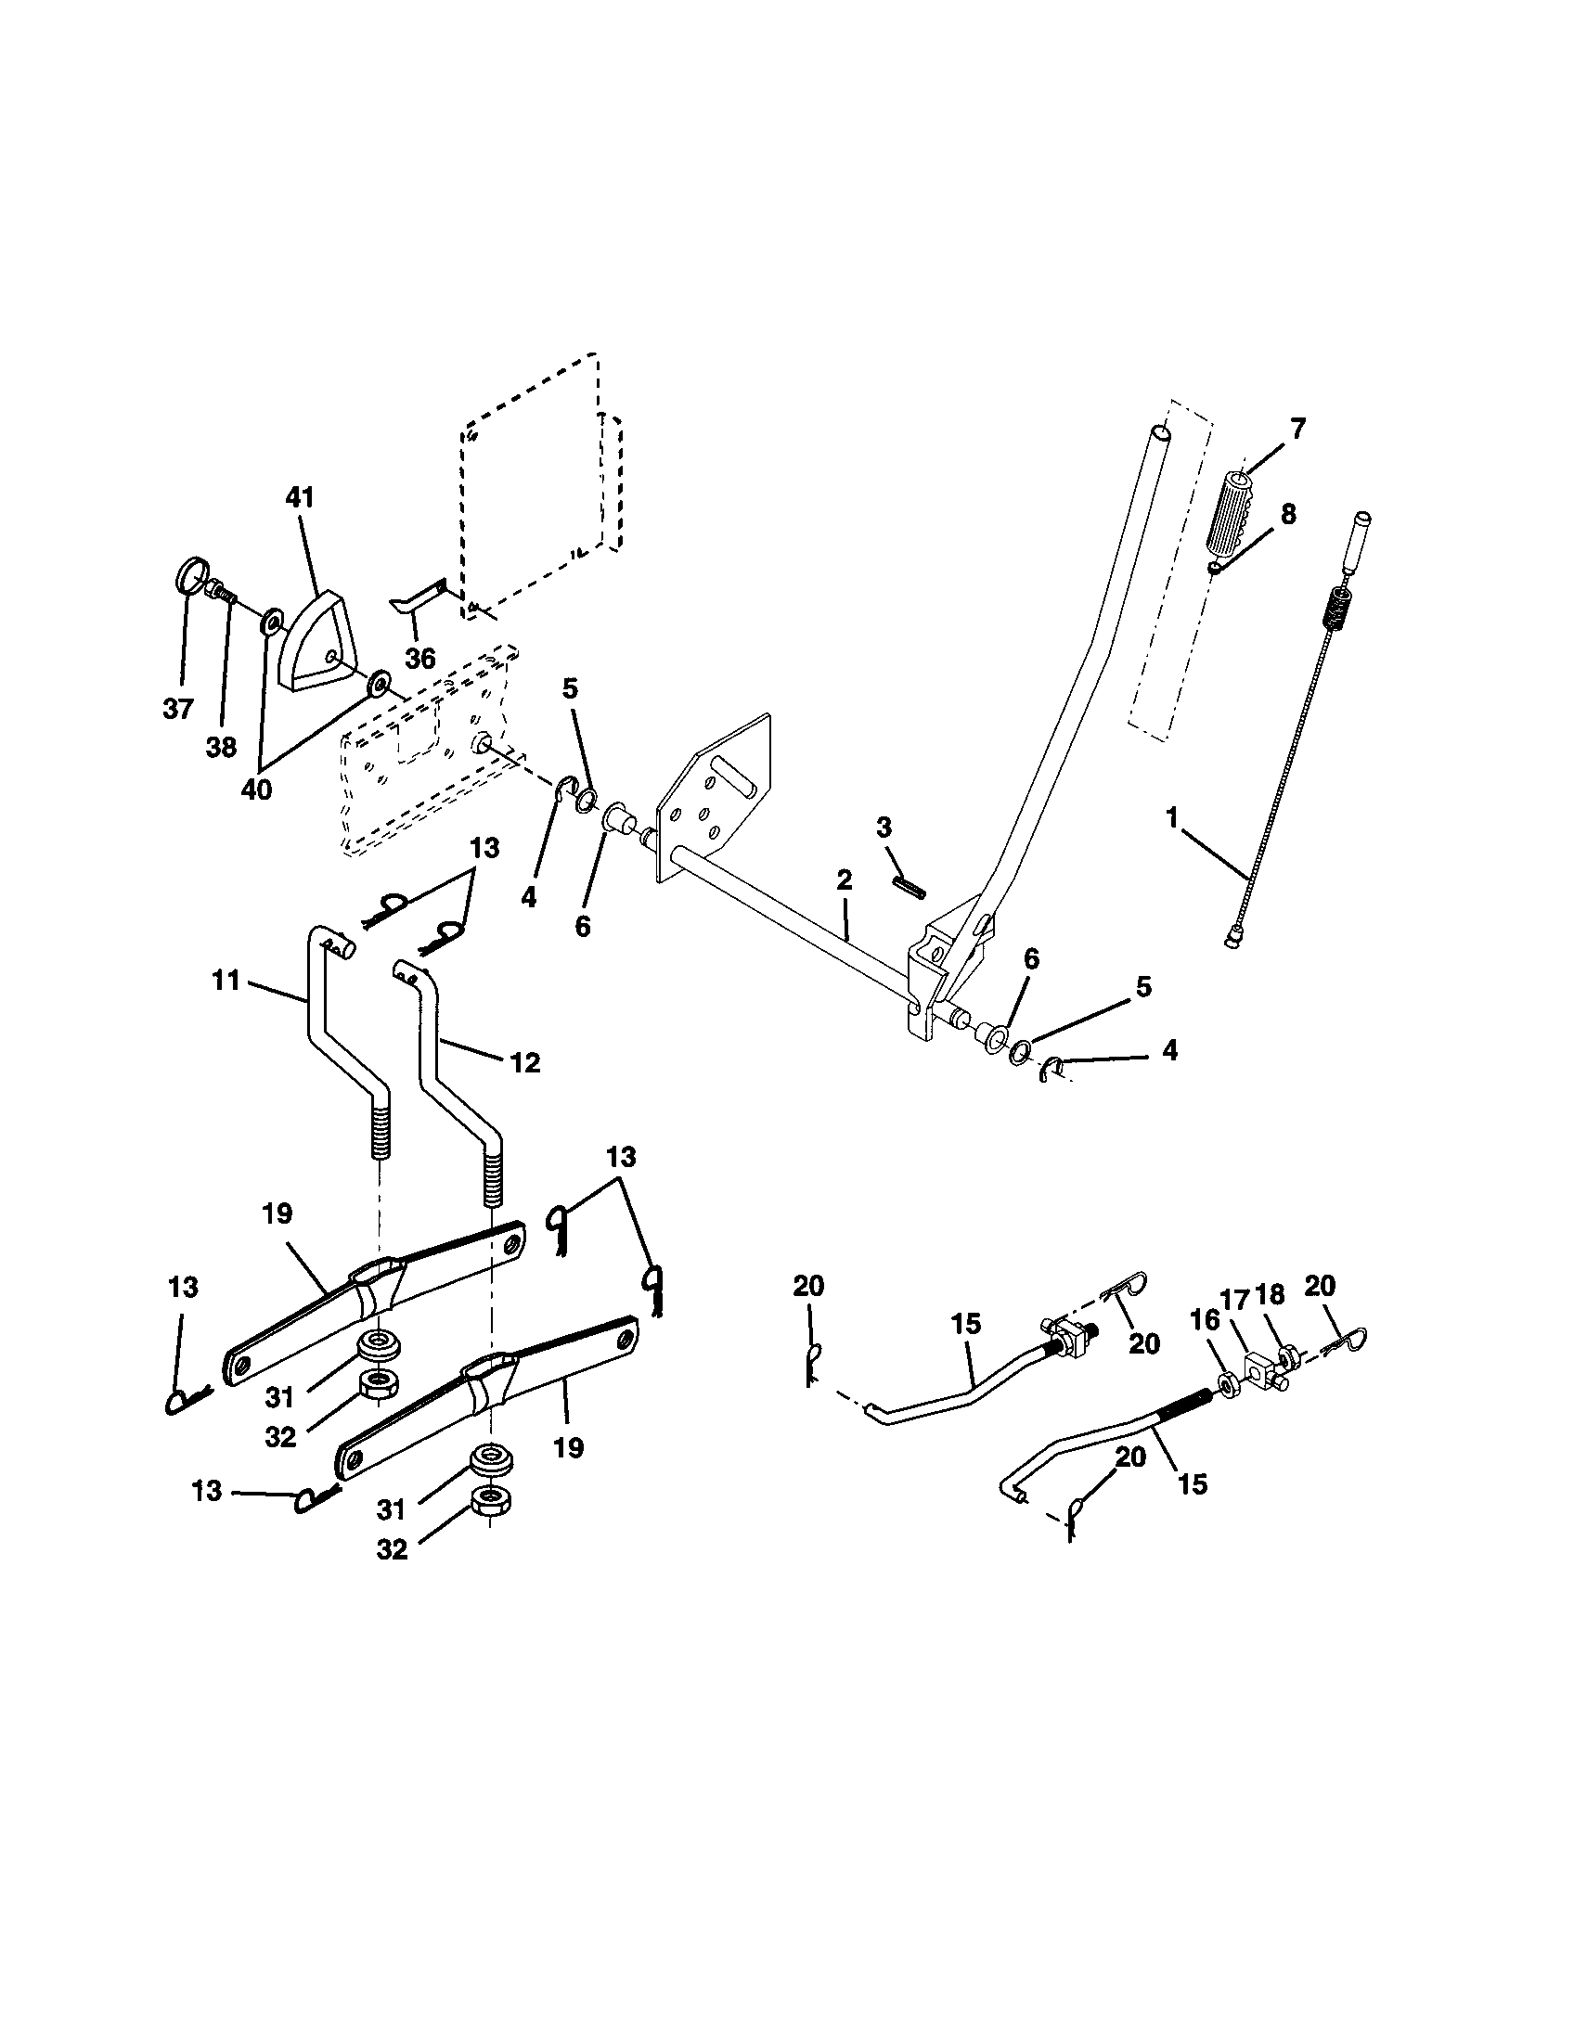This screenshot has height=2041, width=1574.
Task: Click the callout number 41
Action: pyautogui.click(x=300, y=498)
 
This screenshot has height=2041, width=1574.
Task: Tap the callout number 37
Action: pyautogui.click(x=177, y=710)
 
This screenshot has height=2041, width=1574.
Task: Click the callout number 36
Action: pyautogui.click(x=419, y=659)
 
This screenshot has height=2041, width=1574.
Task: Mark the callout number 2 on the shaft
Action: pyautogui.click(x=845, y=879)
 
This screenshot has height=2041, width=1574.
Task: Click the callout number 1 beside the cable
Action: pyautogui.click(x=1172, y=817)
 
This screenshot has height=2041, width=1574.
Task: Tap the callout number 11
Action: pyautogui.click(x=226, y=981)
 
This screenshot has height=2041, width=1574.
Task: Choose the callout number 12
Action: pyautogui.click(x=526, y=1062)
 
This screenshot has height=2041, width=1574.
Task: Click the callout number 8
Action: pyautogui.click(x=1288, y=514)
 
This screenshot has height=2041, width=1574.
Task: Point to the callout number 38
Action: pyautogui.click(x=222, y=748)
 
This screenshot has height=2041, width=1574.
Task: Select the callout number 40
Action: pyautogui.click(x=256, y=789)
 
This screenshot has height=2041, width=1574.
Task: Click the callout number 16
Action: pyautogui.click(x=1205, y=1319)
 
